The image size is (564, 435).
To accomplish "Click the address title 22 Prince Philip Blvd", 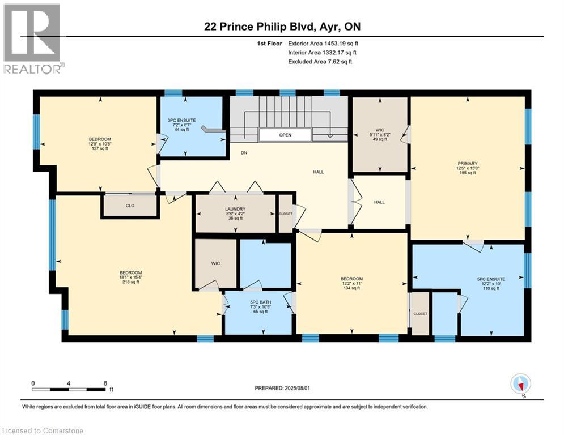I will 282,27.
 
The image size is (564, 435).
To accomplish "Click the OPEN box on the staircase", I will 285,135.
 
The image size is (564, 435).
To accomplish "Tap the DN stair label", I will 244,152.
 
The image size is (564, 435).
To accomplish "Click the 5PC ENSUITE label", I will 491,284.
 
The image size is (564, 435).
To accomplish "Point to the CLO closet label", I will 130,206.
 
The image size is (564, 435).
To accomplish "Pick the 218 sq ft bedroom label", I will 130,277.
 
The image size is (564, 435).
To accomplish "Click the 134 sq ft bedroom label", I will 351,283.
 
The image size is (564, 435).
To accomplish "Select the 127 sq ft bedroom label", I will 99,144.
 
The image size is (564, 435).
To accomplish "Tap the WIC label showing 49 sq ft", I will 380,135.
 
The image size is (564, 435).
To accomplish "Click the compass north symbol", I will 520,384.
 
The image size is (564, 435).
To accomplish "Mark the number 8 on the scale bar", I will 105,383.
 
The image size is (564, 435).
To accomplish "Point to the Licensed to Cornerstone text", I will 43,430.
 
